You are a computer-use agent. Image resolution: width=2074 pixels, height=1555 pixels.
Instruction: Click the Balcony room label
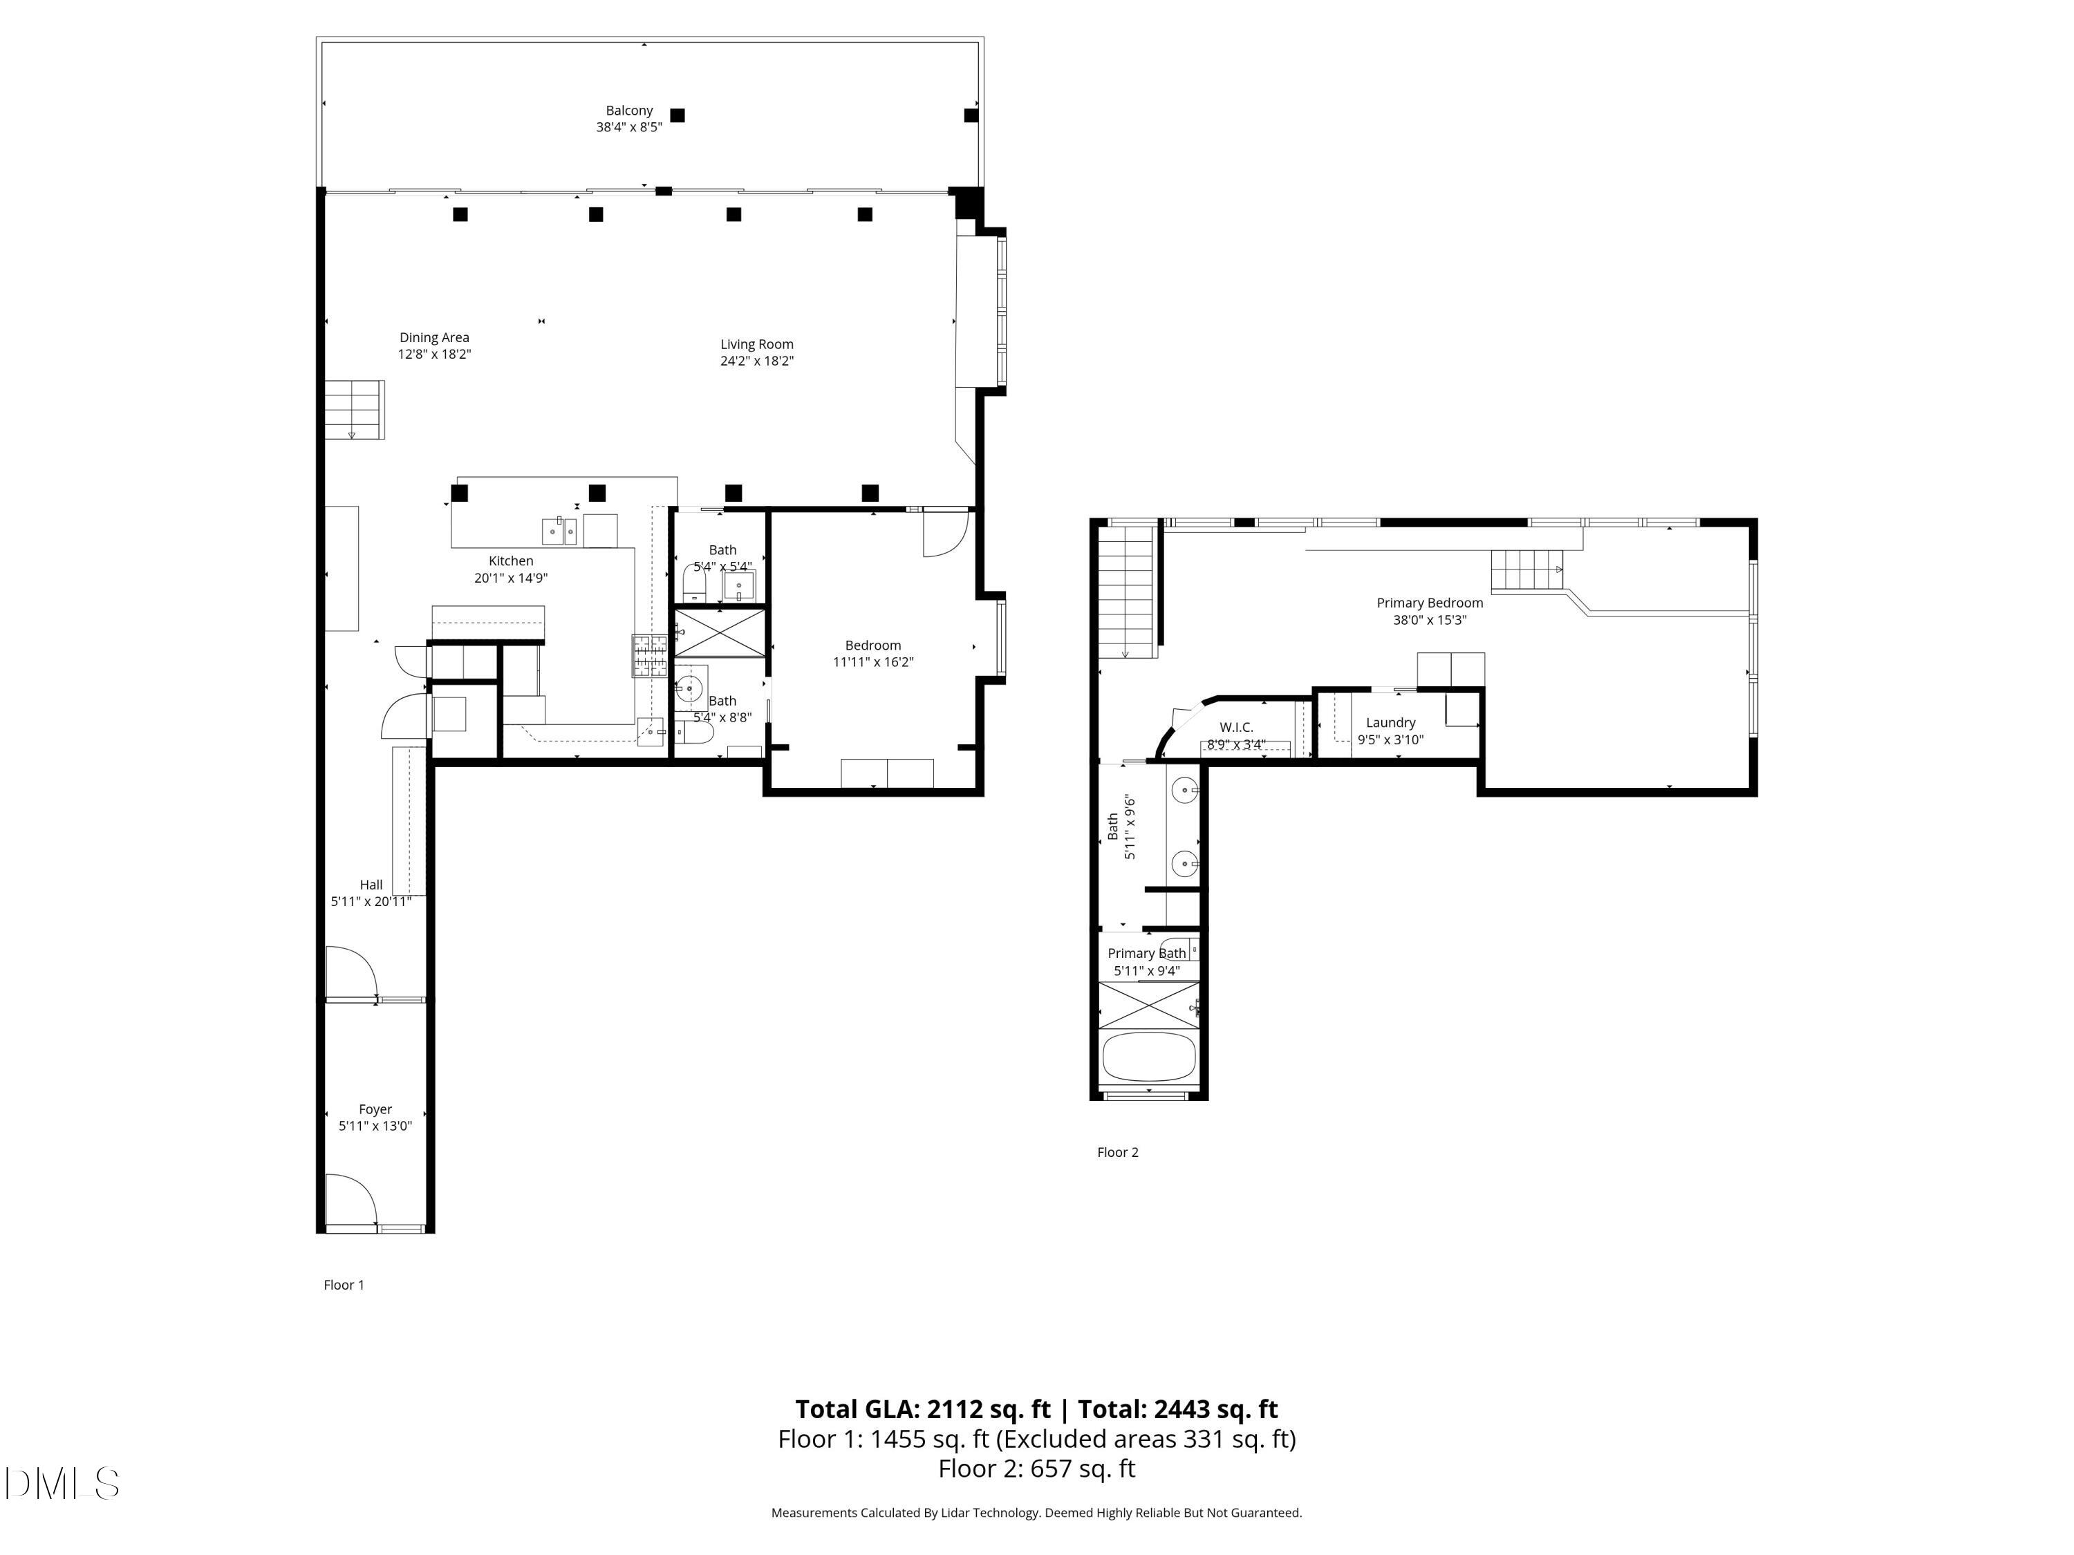628,111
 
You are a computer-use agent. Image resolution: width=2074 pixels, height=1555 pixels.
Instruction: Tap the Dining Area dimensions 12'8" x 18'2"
433,355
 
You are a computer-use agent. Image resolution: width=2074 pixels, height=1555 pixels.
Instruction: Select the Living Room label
756,344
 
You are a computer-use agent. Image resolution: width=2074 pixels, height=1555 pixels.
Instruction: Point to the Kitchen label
510,560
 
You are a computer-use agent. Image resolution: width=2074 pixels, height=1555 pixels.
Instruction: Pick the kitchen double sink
560,531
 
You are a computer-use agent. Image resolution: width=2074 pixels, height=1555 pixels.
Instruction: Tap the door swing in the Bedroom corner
944,532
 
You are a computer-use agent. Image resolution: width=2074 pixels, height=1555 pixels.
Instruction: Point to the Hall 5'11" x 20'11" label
371,892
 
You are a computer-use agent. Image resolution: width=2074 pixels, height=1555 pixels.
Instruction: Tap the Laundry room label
1390,723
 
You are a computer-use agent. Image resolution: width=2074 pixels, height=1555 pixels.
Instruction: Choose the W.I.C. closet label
1236,727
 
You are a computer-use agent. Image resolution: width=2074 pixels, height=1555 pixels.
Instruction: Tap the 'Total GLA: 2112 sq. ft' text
923,1408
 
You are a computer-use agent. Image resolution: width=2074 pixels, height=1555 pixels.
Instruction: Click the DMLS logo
62,1483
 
